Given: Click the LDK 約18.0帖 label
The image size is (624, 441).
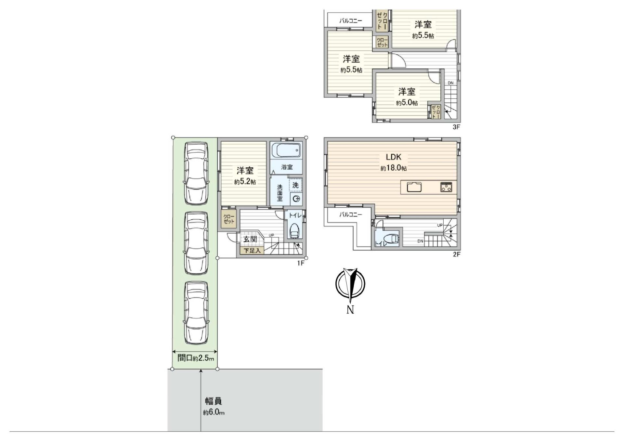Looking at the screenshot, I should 393,162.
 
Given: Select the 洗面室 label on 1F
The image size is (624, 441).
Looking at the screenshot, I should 279,193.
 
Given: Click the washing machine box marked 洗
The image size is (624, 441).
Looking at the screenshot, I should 295,185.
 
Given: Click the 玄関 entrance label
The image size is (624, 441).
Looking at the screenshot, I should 250,239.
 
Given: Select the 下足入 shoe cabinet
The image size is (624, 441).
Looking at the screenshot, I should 252,251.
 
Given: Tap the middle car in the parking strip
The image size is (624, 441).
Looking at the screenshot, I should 196,243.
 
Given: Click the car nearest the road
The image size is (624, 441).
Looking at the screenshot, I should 196,313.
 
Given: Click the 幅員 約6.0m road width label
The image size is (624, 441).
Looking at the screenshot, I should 214,406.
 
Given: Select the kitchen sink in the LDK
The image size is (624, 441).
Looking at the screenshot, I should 414,187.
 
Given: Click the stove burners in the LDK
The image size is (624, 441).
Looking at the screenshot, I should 446,187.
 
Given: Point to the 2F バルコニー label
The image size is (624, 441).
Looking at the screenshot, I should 350,214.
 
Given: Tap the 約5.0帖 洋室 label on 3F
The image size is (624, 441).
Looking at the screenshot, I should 407,97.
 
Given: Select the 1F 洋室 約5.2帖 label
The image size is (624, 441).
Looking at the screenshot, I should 245,176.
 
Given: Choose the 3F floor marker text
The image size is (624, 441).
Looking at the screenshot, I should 456,127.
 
